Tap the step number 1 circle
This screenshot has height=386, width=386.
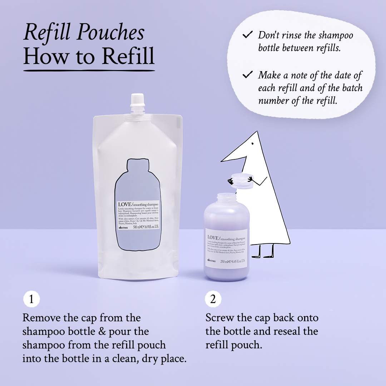(x=31, y=299)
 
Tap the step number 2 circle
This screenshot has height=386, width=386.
(x=213, y=299)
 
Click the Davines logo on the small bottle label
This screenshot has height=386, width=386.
(x=211, y=261)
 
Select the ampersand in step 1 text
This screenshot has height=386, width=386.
(x=103, y=331)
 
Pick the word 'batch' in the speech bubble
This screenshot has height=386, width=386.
(x=342, y=88)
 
